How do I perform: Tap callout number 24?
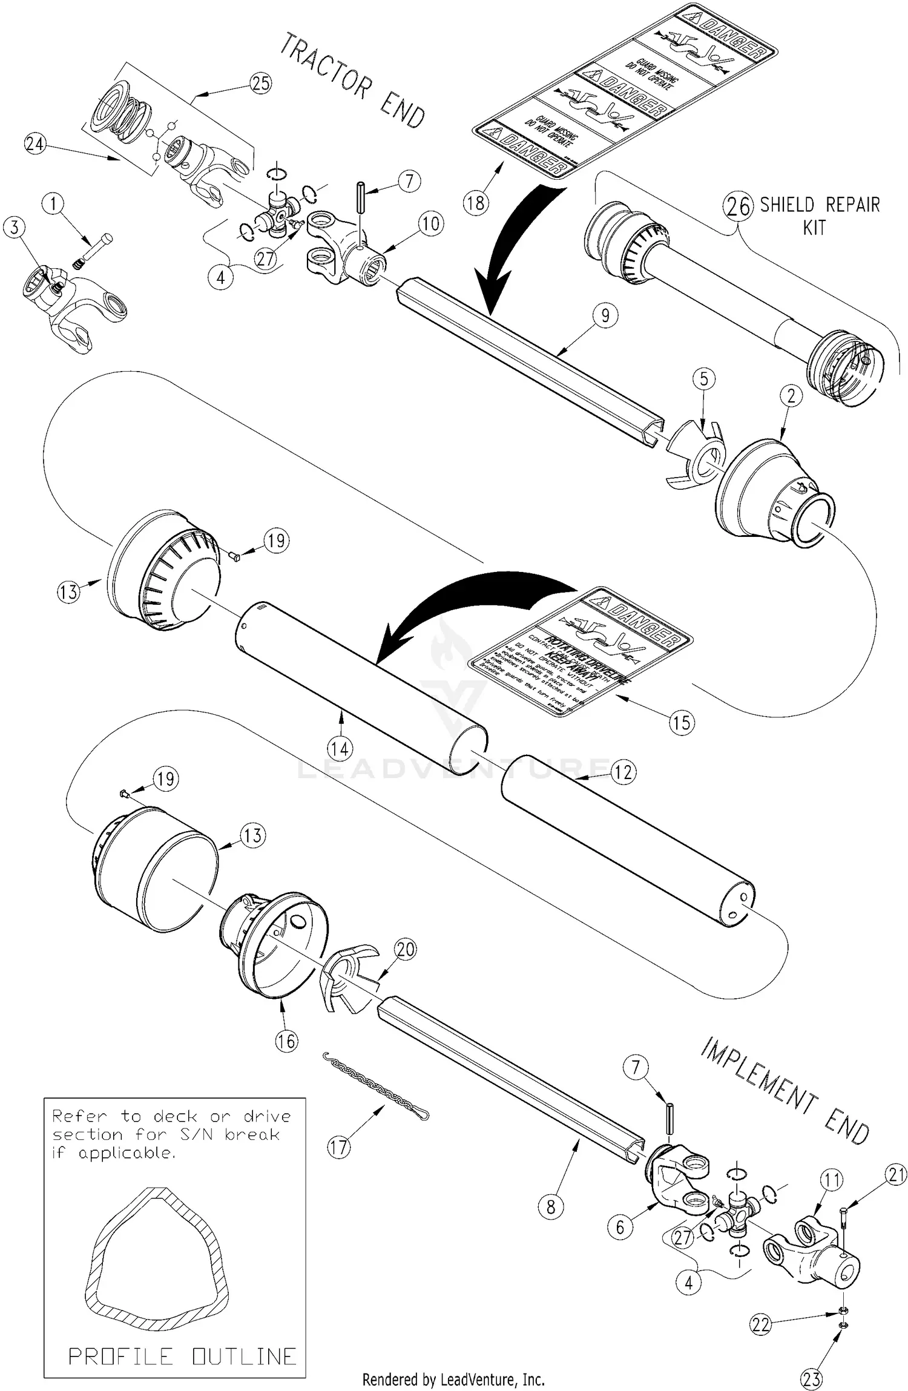coord(35,144)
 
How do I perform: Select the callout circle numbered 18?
coord(476,202)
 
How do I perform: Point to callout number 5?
coord(704,380)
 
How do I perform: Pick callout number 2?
coord(791,396)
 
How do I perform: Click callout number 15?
coord(682,722)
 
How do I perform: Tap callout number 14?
coord(340,749)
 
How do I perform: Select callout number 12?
coord(623,772)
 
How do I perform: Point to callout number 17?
coord(339,1147)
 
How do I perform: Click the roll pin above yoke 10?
coord(360,197)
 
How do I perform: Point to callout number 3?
coord(15,228)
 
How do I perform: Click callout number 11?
coord(832,1180)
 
